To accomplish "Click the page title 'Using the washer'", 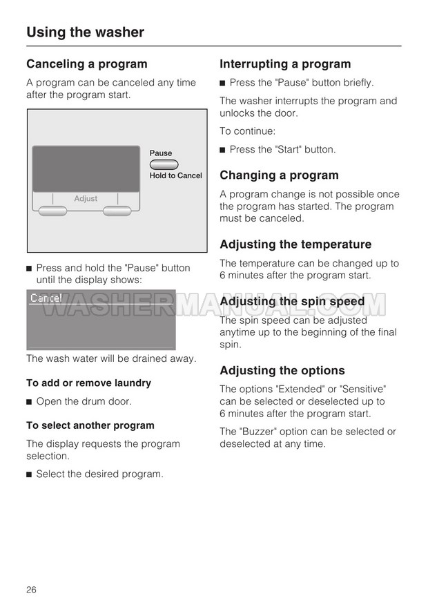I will [85, 32].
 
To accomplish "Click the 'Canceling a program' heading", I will [87, 64].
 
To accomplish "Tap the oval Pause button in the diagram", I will [164, 164].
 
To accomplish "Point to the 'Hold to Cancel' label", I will [176, 175].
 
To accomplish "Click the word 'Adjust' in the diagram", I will [86, 199].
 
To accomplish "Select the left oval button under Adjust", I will [53, 211].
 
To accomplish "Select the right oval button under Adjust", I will [117, 211].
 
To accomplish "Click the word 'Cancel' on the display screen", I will [46, 298].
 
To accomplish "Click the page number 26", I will [32, 589].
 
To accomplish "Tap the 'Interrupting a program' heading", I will [285, 64].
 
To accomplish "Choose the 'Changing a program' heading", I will [279, 175].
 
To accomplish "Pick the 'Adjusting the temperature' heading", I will [295, 244].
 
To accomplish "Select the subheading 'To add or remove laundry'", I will [88, 383].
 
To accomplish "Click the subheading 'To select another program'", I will [90, 425].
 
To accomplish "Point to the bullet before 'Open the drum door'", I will [30, 402].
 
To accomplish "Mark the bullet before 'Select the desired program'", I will [30, 474].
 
